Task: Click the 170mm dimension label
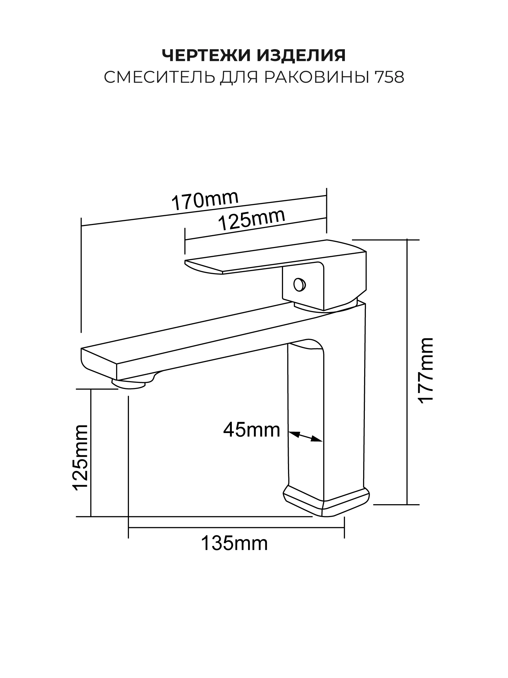click(x=205, y=201)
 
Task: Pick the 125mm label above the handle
click(x=251, y=220)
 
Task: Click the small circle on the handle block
click(x=300, y=285)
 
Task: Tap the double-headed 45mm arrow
click(x=305, y=436)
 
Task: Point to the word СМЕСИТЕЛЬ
click(x=159, y=78)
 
